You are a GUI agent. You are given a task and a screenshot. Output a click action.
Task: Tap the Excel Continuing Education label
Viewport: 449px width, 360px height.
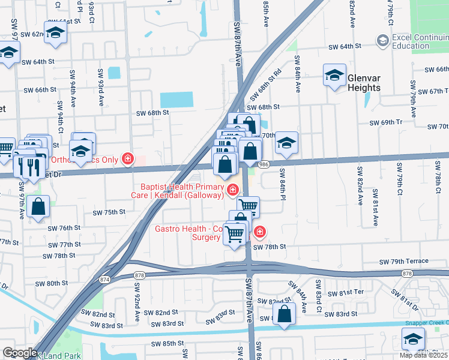(419, 41)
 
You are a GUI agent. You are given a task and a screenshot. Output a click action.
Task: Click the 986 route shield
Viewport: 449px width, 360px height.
(264, 163)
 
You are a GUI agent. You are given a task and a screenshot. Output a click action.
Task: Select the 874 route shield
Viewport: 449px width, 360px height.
(106, 279)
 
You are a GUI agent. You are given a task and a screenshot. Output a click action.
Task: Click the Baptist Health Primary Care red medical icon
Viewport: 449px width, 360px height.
(233, 190)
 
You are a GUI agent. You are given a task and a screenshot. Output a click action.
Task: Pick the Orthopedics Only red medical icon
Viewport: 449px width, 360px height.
(127, 159)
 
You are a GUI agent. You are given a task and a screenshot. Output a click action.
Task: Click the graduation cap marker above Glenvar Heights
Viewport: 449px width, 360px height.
(335, 76)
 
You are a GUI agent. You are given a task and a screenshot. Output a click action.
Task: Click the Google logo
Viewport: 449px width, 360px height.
(19, 353)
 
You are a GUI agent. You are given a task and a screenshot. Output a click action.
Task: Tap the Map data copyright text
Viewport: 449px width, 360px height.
(423, 355)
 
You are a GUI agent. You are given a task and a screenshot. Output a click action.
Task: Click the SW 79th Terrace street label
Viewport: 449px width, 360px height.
(404, 261)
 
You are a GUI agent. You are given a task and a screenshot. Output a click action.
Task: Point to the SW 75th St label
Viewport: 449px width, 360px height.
(109, 212)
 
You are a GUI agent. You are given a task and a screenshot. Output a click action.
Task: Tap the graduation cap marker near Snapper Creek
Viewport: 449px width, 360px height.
(414, 340)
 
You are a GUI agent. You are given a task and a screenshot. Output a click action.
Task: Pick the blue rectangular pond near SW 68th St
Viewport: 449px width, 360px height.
(176, 100)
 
